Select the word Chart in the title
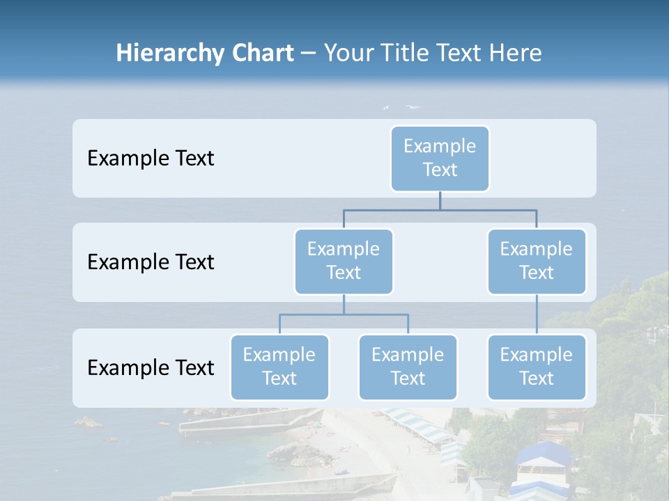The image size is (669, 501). click(x=261, y=53)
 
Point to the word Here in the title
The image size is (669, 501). click(x=516, y=53)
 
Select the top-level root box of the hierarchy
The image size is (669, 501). click(x=440, y=158)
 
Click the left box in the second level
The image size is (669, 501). click(x=344, y=261)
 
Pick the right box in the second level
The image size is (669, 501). click(x=537, y=261)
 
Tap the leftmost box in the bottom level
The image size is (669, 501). click(x=279, y=367)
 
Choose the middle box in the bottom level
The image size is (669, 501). click(x=408, y=367)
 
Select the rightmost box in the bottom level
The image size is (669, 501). click(x=537, y=367)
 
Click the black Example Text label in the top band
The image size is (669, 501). click(x=151, y=158)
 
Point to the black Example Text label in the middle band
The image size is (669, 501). click(x=151, y=262)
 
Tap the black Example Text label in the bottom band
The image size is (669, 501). click(x=151, y=367)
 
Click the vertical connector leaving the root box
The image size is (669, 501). click(x=440, y=200)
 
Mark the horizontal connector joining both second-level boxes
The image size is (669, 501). click(x=440, y=210)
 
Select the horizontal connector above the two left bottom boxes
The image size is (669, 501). click(x=344, y=315)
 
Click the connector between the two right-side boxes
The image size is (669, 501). click(x=537, y=315)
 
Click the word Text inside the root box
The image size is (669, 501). click(x=440, y=170)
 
